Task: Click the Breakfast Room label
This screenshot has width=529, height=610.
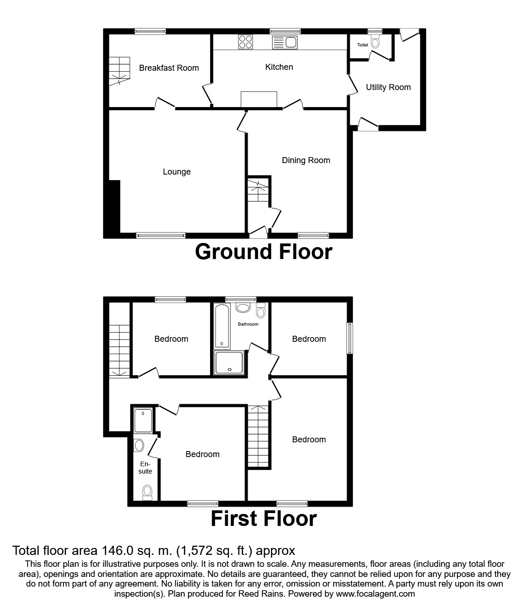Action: pos(169,68)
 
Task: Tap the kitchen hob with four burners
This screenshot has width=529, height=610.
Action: pos(245,42)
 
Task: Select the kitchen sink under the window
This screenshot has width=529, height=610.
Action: pos(285,43)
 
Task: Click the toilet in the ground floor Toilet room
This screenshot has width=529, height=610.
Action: pos(375,44)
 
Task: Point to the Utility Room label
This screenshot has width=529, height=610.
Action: pos(388,87)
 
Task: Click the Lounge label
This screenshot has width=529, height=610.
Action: pos(176,172)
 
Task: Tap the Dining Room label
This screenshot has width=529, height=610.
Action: pos(306,160)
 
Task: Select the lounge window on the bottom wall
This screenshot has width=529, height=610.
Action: pos(161,235)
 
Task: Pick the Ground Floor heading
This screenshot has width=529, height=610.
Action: pos(263,252)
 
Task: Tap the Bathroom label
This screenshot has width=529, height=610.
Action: pos(248,324)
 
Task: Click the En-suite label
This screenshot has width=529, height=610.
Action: pos(146,468)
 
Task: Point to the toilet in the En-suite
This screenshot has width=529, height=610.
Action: pos(147,492)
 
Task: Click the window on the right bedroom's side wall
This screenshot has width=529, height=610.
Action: pos(350,338)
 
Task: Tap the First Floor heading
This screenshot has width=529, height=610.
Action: pos(263,519)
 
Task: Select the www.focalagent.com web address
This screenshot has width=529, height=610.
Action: pos(375,593)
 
